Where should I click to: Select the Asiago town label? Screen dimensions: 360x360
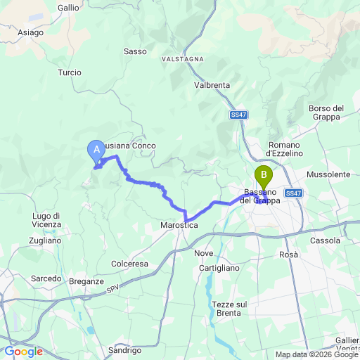click(x=30, y=32)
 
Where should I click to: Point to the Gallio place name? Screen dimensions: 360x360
click(x=69, y=7)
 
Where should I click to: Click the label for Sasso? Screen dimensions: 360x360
click(x=135, y=51)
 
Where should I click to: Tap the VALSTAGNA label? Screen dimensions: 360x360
click(x=181, y=58)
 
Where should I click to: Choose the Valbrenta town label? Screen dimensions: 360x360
click(x=212, y=85)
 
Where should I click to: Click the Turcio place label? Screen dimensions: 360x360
click(x=70, y=72)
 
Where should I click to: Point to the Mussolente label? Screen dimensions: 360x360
click(x=328, y=174)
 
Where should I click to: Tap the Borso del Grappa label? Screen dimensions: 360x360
click(x=326, y=112)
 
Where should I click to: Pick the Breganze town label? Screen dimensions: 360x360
click(x=86, y=281)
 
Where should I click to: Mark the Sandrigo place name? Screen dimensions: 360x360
click(x=126, y=349)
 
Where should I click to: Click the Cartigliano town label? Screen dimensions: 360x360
click(x=218, y=268)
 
